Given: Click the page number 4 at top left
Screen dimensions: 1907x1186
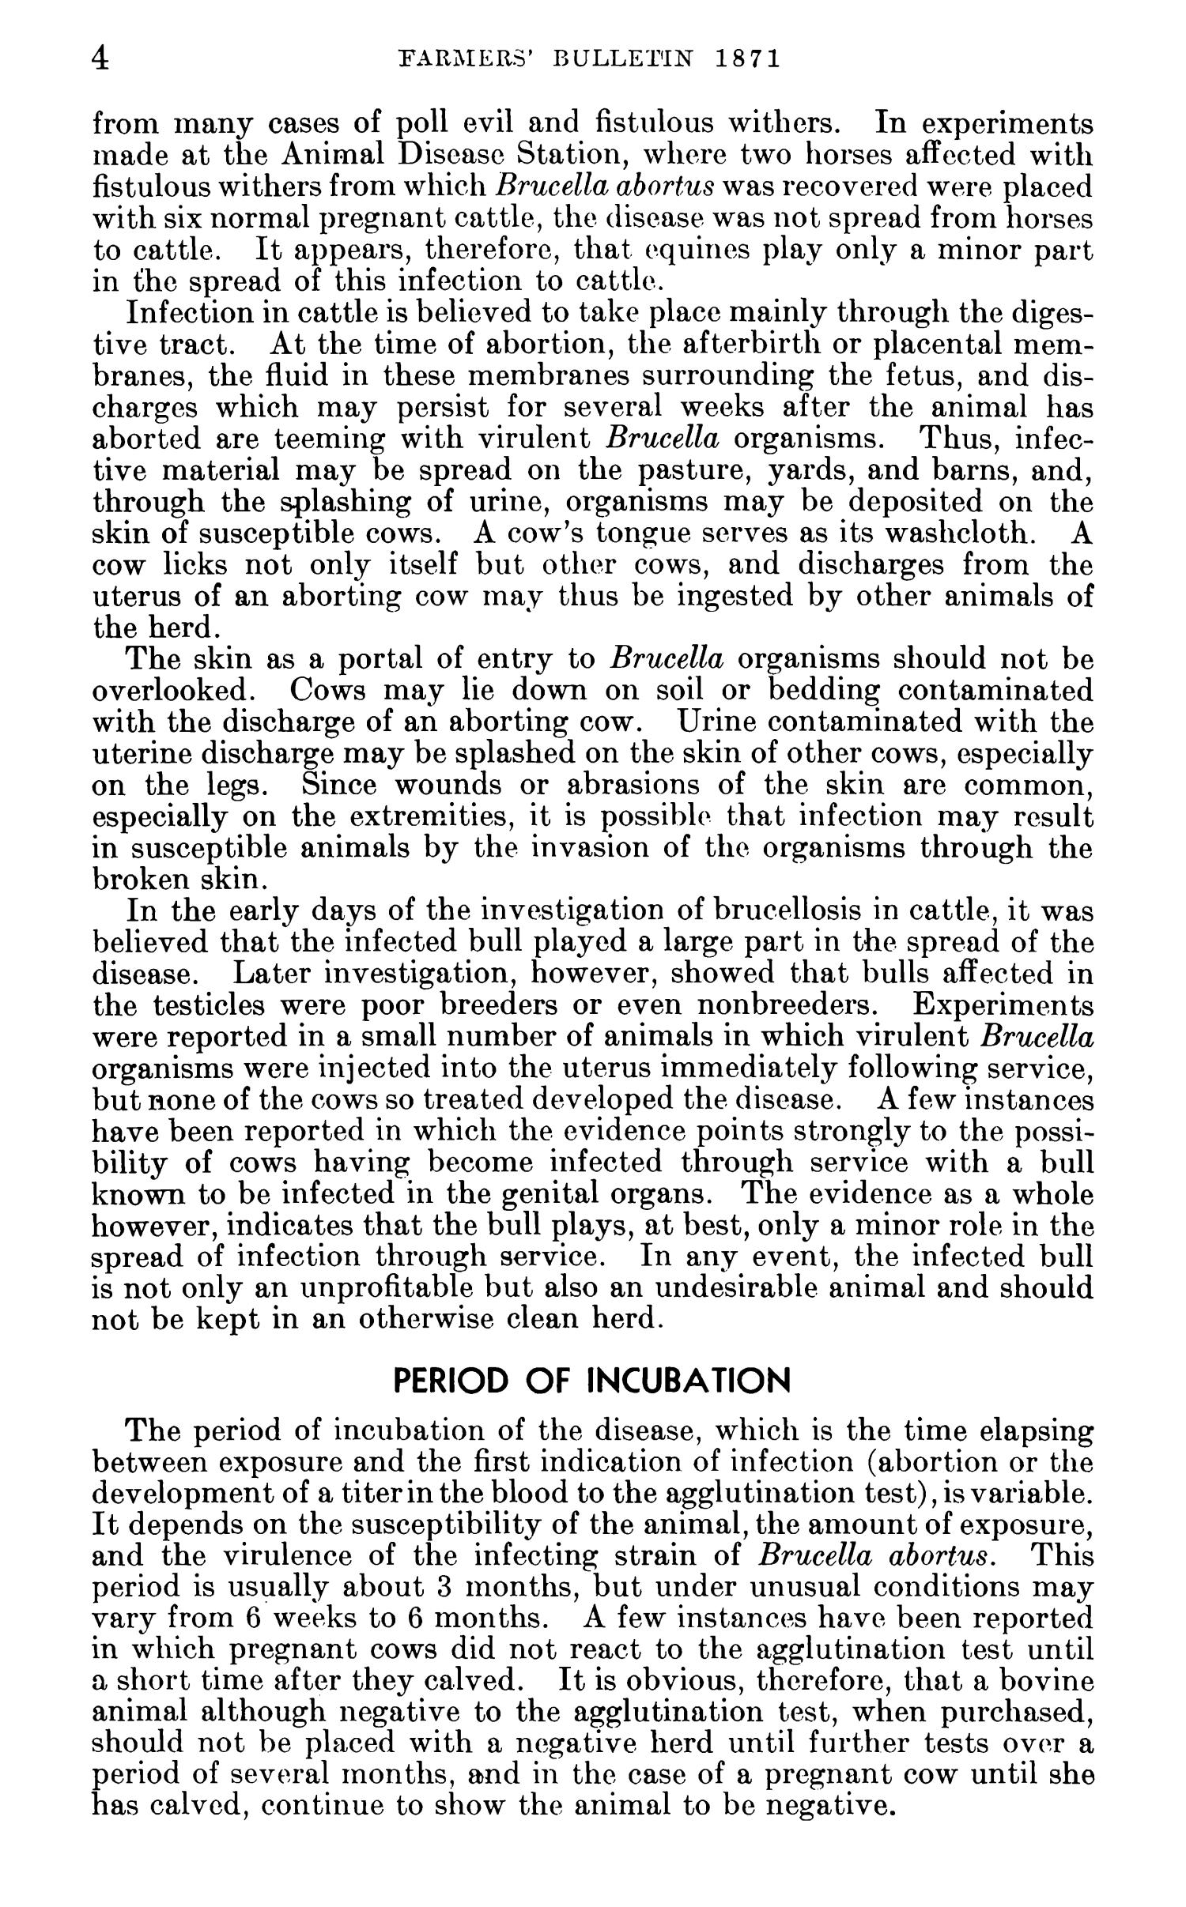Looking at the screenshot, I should pos(100,59).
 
